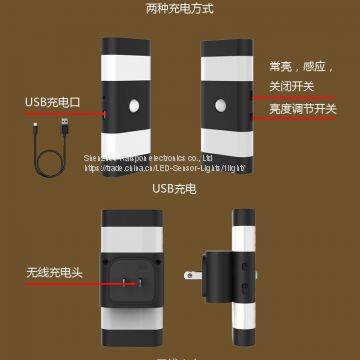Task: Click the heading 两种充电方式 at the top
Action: click(x=180, y=9)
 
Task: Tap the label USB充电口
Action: click(x=52, y=102)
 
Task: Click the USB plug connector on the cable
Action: click(x=66, y=125)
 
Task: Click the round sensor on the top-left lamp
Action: click(x=135, y=106)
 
